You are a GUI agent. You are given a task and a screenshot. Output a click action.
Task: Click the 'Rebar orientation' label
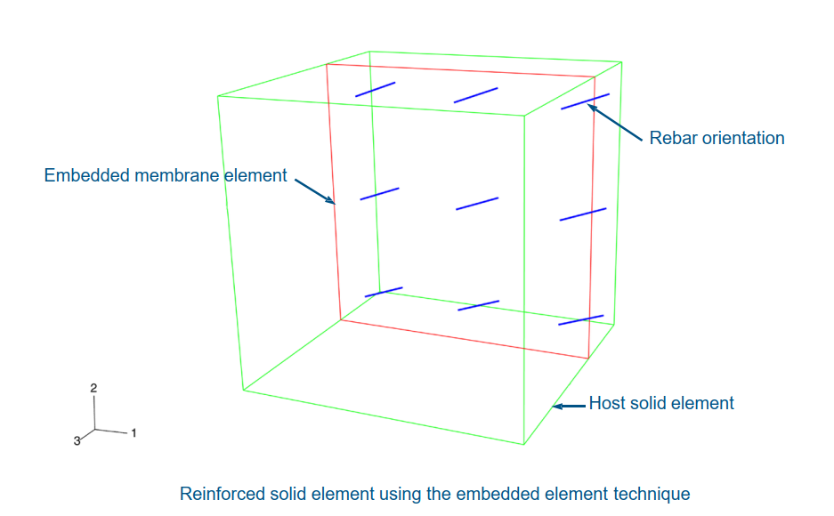click(x=717, y=138)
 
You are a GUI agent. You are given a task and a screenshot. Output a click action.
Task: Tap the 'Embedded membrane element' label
click(x=166, y=175)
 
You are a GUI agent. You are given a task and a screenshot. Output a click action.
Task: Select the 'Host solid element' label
click(x=661, y=403)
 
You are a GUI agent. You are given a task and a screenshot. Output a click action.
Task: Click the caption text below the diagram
click(x=434, y=493)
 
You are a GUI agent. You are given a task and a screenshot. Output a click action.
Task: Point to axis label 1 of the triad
click(x=134, y=433)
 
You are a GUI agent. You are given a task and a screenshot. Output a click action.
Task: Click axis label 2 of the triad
click(x=93, y=388)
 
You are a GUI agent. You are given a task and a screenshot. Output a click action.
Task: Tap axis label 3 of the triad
click(x=77, y=440)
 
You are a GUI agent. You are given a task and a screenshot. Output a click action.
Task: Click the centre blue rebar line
click(x=477, y=204)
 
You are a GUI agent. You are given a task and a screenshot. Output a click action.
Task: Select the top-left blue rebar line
click(x=375, y=90)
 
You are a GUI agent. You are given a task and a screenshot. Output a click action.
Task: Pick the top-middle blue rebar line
click(x=475, y=95)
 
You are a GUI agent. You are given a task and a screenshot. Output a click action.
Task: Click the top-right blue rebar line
click(x=585, y=101)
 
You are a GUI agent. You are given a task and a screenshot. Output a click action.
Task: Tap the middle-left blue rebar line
click(x=379, y=194)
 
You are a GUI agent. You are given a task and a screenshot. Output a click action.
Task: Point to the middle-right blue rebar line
click(x=583, y=214)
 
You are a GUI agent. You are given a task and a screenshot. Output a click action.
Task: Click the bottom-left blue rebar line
click(x=384, y=292)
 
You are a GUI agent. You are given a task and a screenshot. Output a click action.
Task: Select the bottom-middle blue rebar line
click(x=478, y=305)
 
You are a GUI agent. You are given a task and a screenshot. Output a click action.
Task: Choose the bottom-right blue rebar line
click(x=581, y=320)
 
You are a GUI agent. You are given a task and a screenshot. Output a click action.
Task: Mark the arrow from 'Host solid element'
click(x=570, y=406)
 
